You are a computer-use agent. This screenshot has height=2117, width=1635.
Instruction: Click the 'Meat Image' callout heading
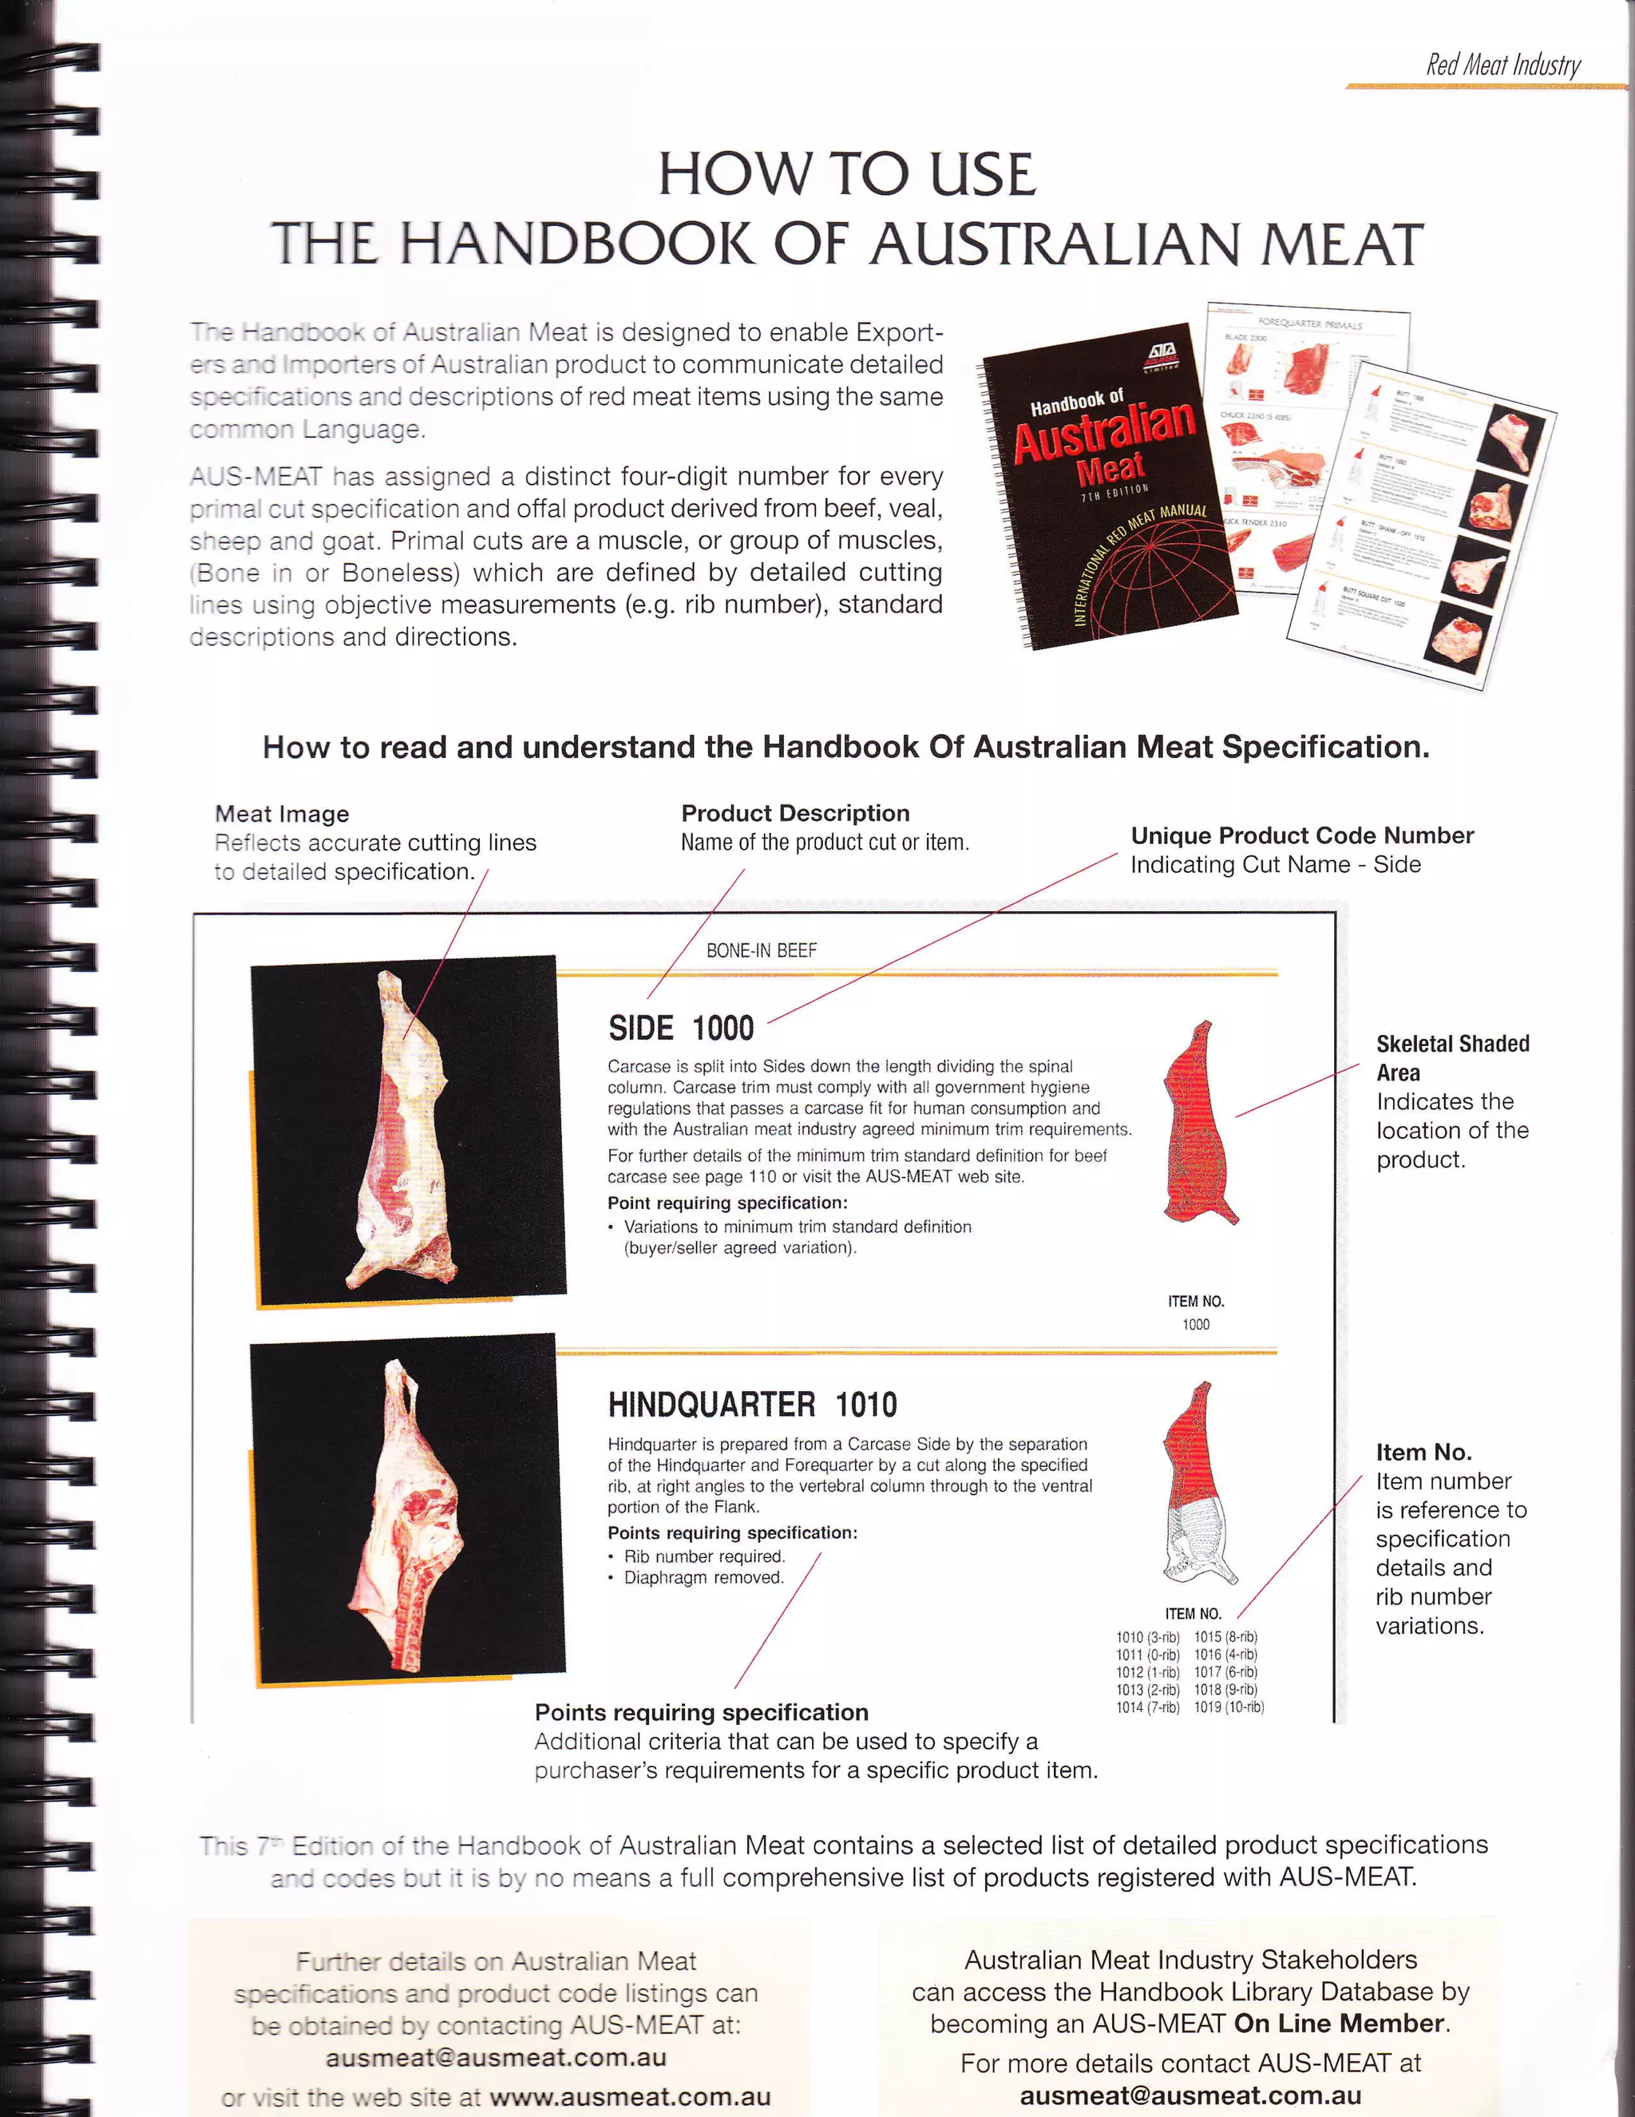[x=281, y=815]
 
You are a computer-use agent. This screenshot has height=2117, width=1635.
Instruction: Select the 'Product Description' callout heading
[x=794, y=813]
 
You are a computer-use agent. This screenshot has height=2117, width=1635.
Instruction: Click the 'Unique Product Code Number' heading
[x=1301, y=835]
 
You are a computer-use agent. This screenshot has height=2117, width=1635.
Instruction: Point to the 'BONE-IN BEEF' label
[x=761, y=951]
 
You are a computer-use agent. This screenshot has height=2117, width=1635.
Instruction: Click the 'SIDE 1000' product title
[x=680, y=1029]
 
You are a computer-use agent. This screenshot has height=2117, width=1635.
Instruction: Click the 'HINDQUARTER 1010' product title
[x=752, y=1405]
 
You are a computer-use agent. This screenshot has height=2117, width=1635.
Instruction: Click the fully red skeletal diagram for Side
[x=1200, y=1124]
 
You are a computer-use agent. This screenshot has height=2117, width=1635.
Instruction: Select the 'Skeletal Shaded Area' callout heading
[x=1452, y=1057]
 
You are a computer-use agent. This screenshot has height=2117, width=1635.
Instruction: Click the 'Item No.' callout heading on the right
[x=1423, y=1452]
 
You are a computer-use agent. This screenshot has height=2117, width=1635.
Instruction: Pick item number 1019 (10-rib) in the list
[x=1228, y=1707]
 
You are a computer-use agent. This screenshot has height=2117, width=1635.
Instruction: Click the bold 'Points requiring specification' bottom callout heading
[x=701, y=1712]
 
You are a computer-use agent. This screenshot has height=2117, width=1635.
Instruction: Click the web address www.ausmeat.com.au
[x=630, y=2098]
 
